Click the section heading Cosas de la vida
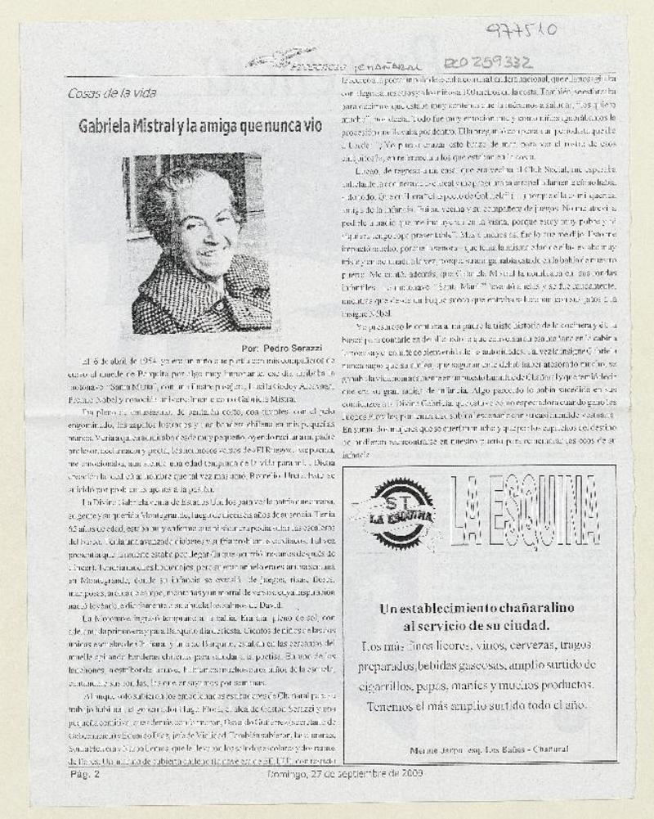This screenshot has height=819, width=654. pos(111,92)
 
